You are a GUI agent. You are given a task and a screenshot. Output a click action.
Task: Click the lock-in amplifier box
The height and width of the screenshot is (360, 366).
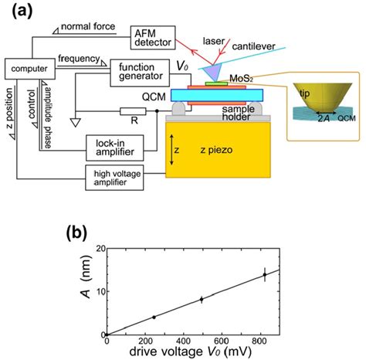[x=113, y=143]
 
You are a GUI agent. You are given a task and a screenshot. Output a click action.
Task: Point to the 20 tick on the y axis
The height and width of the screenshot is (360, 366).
[x=98, y=247]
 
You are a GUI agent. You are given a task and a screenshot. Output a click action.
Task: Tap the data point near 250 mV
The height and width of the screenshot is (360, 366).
[x=154, y=317]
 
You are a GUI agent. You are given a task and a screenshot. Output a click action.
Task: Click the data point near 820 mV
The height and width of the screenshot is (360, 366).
[x=264, y=274]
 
